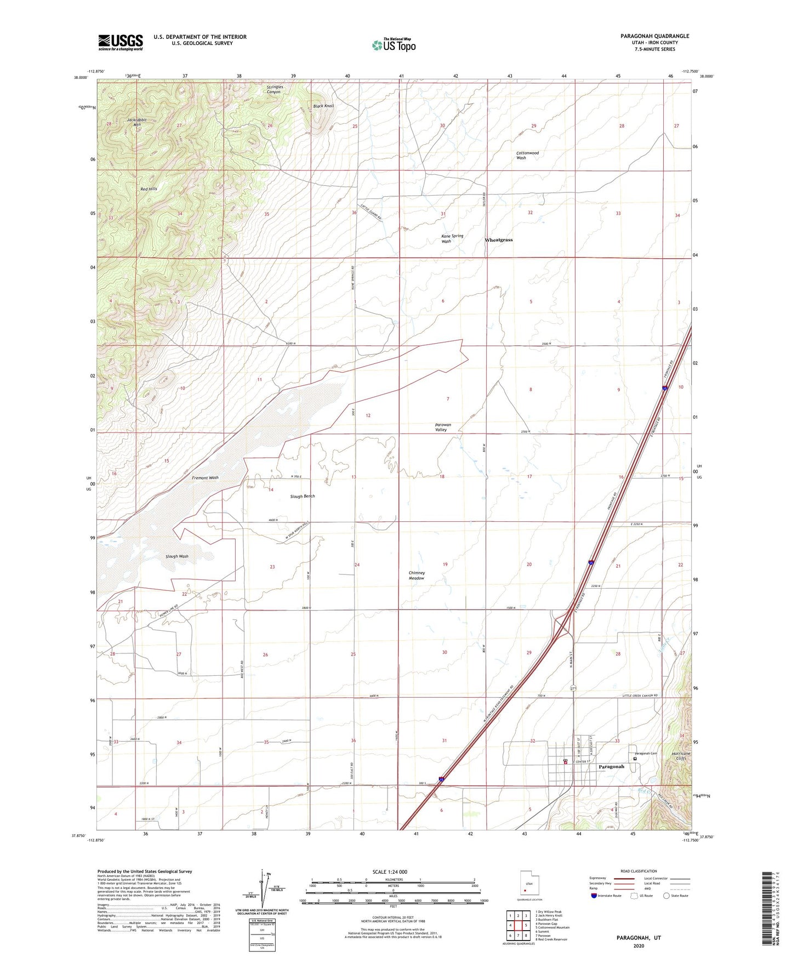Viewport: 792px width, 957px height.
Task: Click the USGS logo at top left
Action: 121,42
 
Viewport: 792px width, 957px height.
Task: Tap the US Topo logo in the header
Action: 394,44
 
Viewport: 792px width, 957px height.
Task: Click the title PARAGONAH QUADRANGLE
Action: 654,36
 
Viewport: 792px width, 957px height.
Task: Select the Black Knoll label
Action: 323,106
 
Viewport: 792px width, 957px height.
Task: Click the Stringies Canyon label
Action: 274,89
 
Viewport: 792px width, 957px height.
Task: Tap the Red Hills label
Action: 149,189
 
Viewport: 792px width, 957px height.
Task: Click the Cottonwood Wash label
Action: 527,155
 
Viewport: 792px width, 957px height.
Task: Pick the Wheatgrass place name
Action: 499,240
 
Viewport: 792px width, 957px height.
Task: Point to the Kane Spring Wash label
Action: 453,238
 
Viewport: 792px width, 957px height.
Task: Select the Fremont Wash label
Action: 205,477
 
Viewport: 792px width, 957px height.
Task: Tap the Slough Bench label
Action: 303,496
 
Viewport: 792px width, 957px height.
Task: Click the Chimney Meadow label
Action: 417,575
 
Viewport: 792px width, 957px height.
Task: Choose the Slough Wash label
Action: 177,556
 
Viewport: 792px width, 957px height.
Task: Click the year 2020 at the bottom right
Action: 639,946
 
